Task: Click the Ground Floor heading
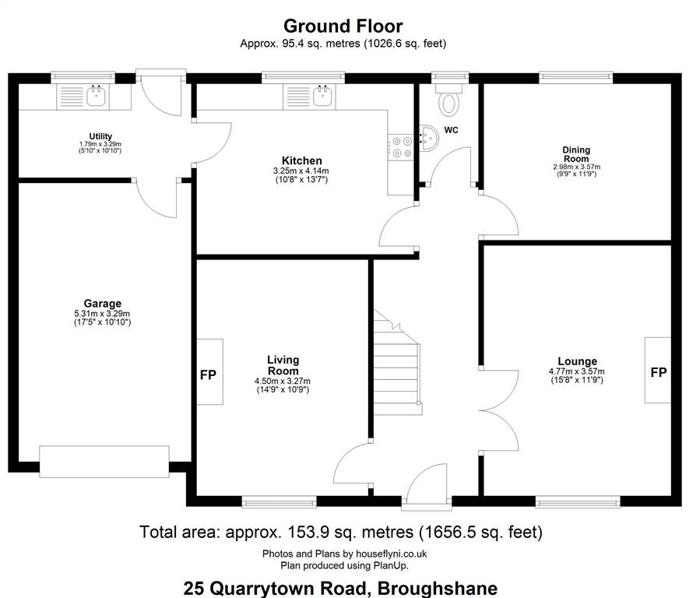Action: pos(343,26)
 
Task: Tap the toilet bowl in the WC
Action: pos(448,100)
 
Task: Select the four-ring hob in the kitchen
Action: pos(402,147)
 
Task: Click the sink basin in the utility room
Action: pos(96,96)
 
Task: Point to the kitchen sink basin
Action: pos(322,96)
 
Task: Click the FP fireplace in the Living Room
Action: pos(209,371)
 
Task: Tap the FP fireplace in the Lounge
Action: pos(658,370)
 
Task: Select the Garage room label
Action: pos(103,303)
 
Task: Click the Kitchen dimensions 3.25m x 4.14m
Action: pos(301,171)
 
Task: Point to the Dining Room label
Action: pos(576,154)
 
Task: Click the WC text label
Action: pos(452,130)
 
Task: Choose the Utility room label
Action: pos(100,136)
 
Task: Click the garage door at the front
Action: pos(104,462)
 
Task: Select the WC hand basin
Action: pos(428,138)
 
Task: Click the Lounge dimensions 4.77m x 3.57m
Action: pos(577,371)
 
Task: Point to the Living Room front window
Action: pos(279,501)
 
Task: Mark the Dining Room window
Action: pos(575,77)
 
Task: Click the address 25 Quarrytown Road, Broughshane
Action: pos(340,588)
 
